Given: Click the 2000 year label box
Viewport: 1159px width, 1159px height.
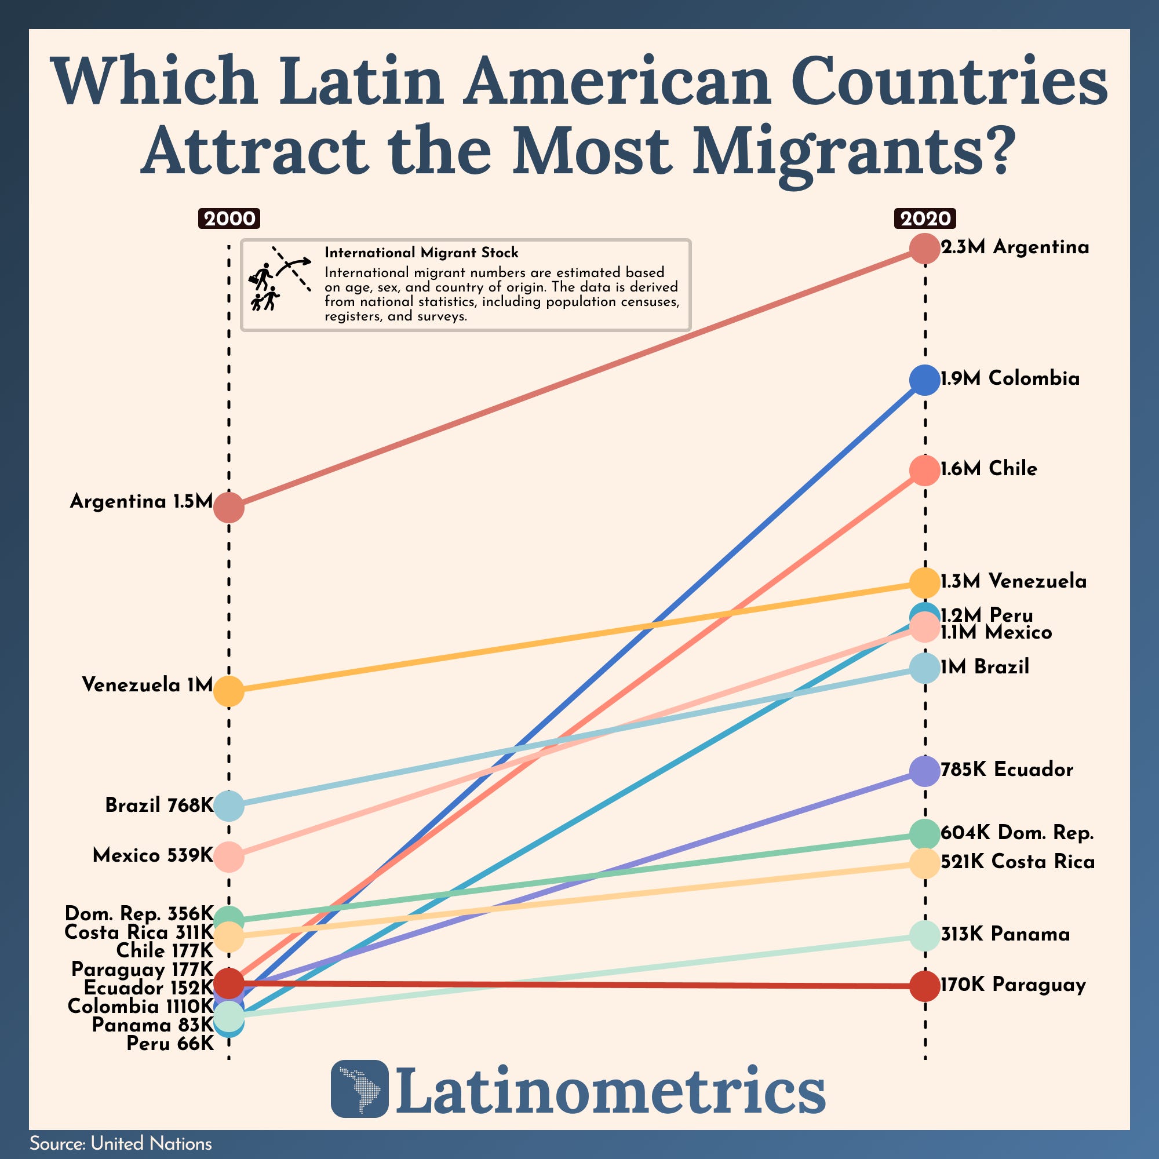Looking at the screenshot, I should click(228, 218).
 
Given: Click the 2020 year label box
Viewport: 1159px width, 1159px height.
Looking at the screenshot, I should click(924, 218).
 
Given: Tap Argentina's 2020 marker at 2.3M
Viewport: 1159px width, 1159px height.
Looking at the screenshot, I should click(924, 249).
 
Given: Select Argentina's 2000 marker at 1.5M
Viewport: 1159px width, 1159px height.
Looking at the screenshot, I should click(228, 506).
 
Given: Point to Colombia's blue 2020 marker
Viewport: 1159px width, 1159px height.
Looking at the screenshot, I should click(924, 380).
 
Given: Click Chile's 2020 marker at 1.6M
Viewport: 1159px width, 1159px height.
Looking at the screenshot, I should click(924, 470).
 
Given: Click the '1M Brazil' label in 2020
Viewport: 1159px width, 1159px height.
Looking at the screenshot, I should click(985, 667).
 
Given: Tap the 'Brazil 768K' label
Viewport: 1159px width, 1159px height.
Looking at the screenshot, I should click(159, 805).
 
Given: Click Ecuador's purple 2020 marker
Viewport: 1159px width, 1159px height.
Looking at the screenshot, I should click(924, 770).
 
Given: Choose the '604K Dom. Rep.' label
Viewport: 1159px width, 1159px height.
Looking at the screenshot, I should click(1017, 833).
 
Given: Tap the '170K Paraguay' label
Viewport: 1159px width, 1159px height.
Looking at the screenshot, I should click(1012, 985).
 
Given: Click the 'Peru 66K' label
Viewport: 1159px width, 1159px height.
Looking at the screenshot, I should click(170, 1043).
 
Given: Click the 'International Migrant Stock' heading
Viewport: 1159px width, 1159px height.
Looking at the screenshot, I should click(421, 253).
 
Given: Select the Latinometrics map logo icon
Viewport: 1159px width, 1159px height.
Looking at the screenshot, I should click(359, 1089).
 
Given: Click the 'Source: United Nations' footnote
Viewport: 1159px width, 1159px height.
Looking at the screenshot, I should click(121, 1143).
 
